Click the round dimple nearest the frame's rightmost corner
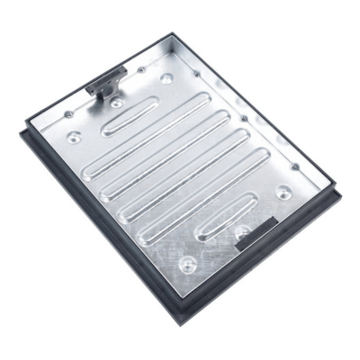click(283, 192)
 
